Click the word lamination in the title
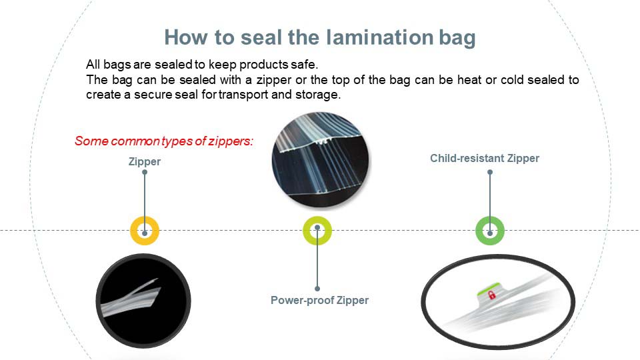point(379,37)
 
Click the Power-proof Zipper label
point(319,301)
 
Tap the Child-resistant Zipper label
point(485,159)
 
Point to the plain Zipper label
point(145,161)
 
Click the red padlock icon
point(492,294)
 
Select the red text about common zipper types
point(164,141)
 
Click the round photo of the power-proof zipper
point(321,160)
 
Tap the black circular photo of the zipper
point(143,301)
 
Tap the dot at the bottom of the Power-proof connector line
point(317,289)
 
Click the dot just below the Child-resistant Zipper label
point(490,172)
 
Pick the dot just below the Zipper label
point(145,172)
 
